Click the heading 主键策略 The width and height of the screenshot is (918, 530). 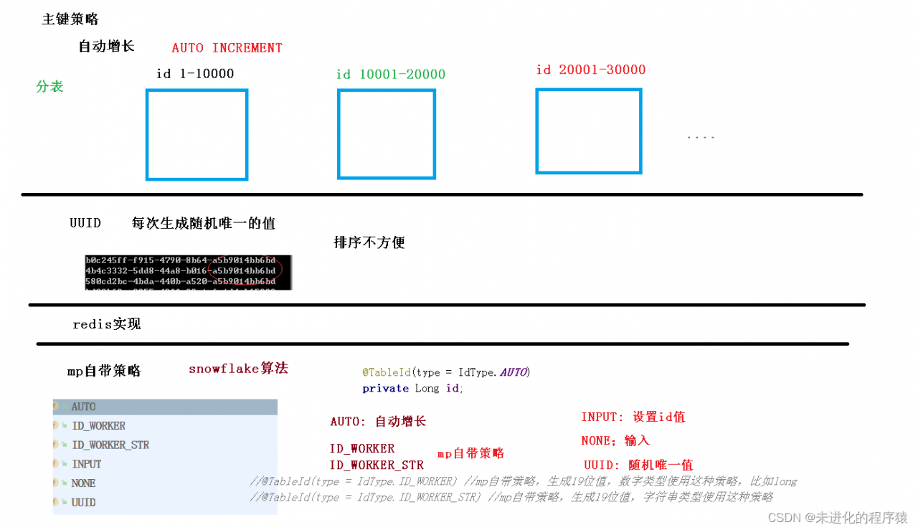click(70, 19)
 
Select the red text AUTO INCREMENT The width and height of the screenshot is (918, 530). click(227, 48)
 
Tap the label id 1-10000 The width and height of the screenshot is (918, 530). click(195, 74)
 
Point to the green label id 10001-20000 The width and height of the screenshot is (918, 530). click(391, 75)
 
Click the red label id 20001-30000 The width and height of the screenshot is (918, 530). click(591, 70)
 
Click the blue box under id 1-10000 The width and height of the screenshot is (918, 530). click(197, 134)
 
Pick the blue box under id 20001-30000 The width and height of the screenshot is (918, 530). click(588, 131)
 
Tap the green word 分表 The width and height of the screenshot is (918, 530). click(49, 87)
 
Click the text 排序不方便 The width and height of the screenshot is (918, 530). click(369, 242)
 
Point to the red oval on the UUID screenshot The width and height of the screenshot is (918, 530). click(244, 270)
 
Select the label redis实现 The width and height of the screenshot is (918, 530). click(107, 324)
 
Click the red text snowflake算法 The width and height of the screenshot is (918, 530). click(238, 369)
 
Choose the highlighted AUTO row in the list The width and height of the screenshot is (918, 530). click(165, 407)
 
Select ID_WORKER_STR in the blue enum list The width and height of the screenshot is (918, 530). click(110, 445)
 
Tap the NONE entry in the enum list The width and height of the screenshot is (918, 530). click(84, 483)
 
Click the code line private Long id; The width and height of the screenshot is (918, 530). click(412, 388)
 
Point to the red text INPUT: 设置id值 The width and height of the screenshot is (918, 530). click(633, 417)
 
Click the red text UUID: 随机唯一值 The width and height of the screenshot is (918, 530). click(638, 465)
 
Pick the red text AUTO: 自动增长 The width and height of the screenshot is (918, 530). click(378, 422)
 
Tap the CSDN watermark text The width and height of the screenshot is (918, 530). click(837, 517)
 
